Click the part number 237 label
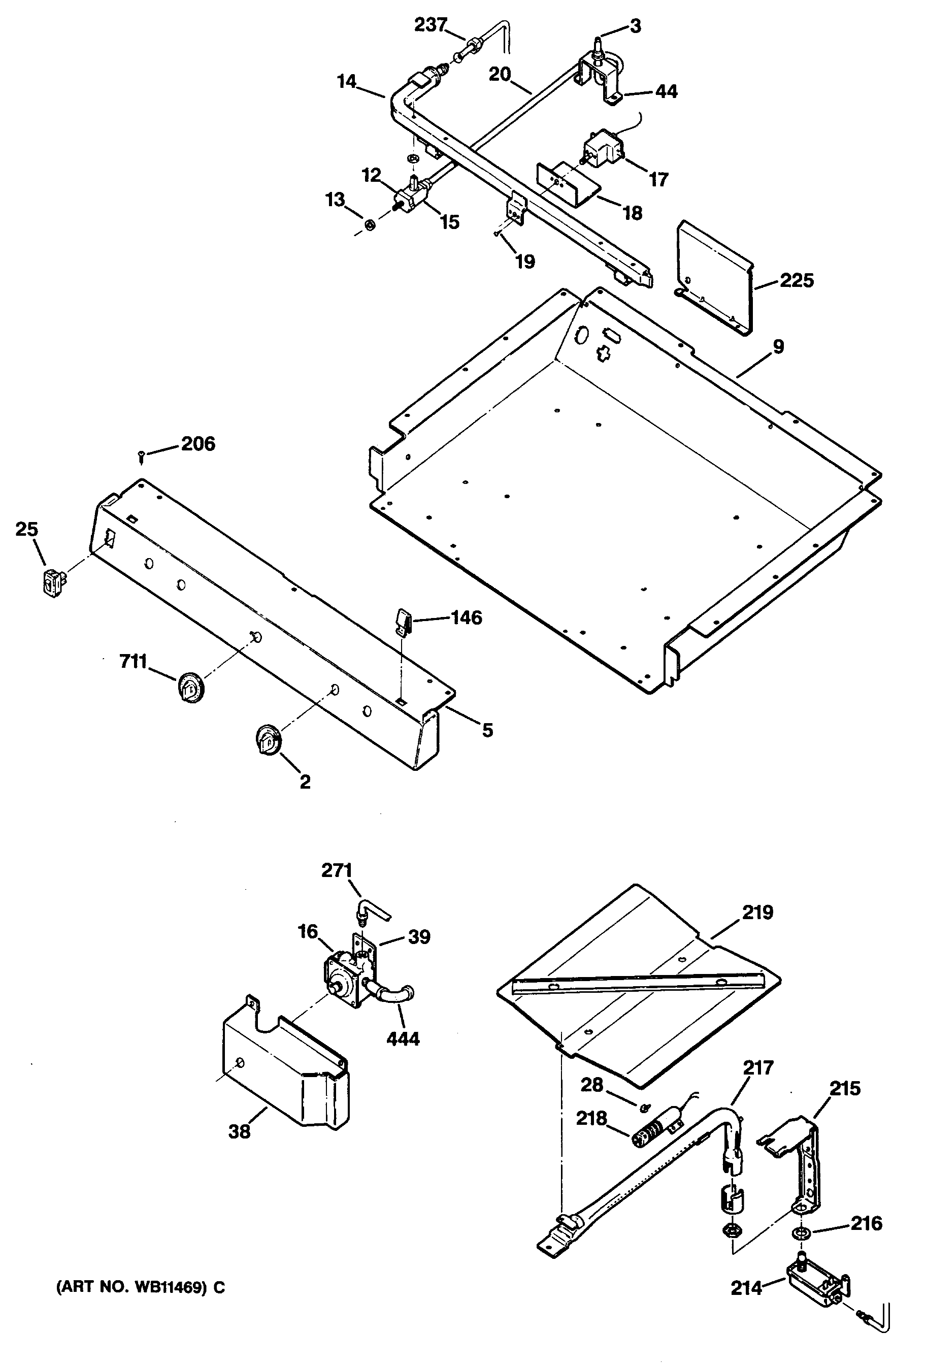(431, 25)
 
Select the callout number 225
(797, 280)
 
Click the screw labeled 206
(142, 455)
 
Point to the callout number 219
(757, 912)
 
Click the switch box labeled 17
(602, 147)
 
